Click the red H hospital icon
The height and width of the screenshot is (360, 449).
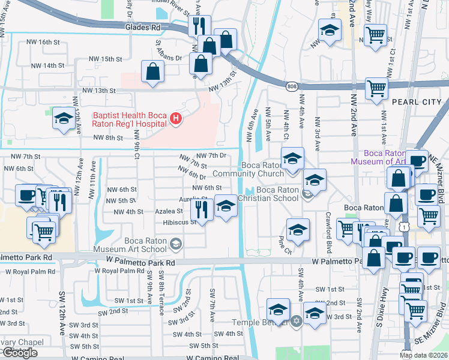coord(175,119)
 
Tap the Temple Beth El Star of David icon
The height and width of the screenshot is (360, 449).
coord(295,322)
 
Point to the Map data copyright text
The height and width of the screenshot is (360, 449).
coord(424,355)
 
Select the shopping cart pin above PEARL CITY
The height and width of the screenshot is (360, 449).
coord(376,88)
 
